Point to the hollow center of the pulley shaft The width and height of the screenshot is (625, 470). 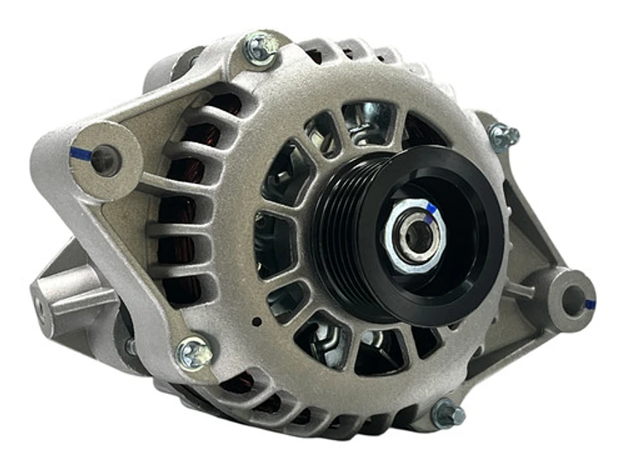418,234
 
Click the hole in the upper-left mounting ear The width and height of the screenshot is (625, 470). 105,157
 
